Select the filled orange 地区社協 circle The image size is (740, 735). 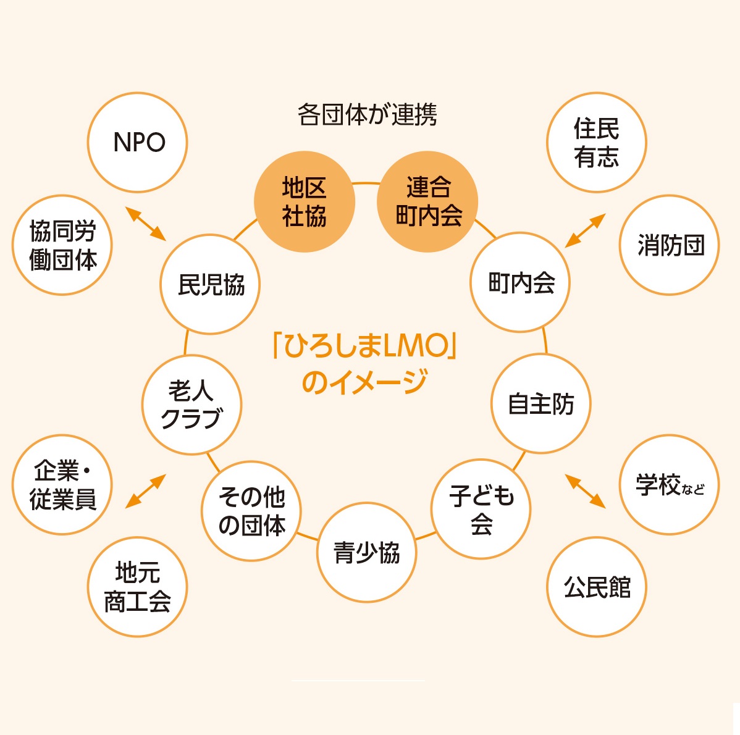[x=305, y=202]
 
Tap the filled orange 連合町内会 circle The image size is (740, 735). [x=427, y=202]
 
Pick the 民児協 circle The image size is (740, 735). [x=211, y=285]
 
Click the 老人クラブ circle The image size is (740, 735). [x=191, y=405]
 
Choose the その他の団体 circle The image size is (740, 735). [x=251, y=511]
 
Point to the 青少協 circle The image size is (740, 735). [x=367, y=552]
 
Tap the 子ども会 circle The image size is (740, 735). [x=481, y=510]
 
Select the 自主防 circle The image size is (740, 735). [x=541, y=404]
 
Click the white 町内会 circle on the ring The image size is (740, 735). [x=521, y=283]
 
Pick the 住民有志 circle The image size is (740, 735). [x=596, y=143]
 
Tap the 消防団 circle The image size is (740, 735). [x=670, y=246]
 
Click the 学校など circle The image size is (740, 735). [x=670, y=485]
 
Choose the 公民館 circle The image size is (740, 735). [x=597, y=587]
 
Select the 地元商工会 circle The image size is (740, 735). [x=137, y=587]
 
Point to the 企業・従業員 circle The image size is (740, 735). [x=62, y=485]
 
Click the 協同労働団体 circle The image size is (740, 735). [x=62, y=246]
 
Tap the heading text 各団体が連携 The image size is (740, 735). [x=367, y=115]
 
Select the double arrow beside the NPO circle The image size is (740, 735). [x=146, y=224]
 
